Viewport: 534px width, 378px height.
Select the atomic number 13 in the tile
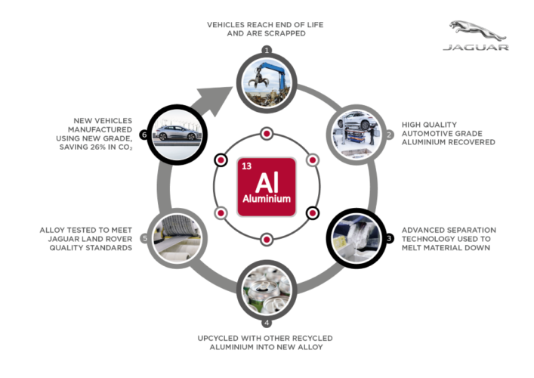246,164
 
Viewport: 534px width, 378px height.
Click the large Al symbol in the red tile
266,182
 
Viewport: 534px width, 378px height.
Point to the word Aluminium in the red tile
266,200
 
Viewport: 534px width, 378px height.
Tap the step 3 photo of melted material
356,236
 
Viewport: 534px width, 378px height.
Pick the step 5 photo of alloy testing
176,237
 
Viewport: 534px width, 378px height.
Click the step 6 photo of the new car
176,133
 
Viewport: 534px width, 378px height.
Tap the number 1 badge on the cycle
266,50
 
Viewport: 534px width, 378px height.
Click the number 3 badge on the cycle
388,238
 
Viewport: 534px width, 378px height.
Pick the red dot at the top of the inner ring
266,134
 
